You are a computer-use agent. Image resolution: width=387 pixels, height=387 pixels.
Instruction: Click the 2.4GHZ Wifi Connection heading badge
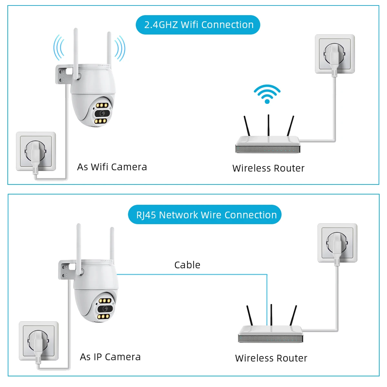click(198, 25)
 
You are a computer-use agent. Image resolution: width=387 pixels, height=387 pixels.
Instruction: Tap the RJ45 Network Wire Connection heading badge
click(205, 214)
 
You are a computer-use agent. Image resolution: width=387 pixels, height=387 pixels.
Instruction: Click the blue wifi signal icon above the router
click(267, 94)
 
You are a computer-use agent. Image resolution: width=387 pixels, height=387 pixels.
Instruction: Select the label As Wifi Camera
click(112, 167)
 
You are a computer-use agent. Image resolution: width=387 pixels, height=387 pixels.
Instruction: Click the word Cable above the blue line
click(187, 265)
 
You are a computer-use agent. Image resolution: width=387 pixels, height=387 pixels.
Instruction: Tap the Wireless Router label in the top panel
click(268, 168)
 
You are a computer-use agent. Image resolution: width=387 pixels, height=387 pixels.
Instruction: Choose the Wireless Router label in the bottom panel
click(271, 358)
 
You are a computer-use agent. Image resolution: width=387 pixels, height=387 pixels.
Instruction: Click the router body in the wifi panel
click(268, 144)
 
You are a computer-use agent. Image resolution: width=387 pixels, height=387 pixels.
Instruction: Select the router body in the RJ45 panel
click(271, 334)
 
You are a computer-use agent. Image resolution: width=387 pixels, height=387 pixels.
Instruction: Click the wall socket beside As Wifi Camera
click(36, 152)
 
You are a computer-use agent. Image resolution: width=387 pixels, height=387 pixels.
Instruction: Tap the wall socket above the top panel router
click(335, 54)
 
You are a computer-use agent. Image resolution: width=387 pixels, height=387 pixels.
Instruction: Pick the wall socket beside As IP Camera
click(39, 341)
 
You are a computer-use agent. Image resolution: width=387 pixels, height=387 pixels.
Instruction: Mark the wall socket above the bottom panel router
click(337, 243)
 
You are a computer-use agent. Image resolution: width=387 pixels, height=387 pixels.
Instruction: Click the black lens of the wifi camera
click(102, 113)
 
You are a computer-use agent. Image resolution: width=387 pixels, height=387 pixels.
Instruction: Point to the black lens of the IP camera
click(105, 309)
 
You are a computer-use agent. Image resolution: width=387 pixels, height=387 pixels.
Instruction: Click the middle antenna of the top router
click(269, 126)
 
